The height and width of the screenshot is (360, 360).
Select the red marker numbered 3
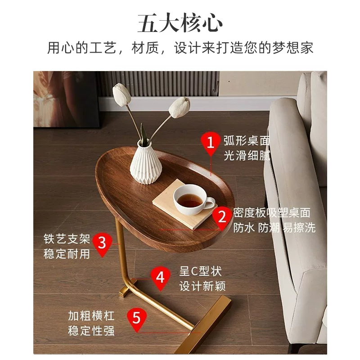[102, 244]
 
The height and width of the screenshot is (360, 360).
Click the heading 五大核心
[180, 23]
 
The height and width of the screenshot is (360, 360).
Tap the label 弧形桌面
[247, 141]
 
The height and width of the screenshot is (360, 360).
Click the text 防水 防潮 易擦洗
[274, 228]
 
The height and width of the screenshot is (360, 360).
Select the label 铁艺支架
[67, 239]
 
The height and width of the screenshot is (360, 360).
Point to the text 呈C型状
[200, 271]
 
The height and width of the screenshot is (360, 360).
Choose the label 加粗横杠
[91, 316]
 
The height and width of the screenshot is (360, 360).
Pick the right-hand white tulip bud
[180, 107]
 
